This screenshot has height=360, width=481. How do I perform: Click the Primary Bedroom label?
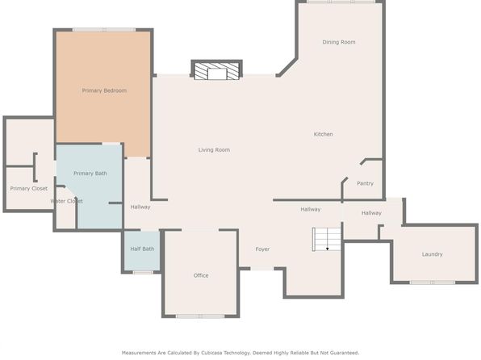click(x=104, y=90)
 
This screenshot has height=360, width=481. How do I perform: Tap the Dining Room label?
click(x=339, y=42)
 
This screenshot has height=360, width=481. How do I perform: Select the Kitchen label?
click(x=324, y=134)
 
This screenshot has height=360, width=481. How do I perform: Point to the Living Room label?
click(x=214, y=150)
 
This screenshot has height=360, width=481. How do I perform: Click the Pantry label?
click(x=366, y=183)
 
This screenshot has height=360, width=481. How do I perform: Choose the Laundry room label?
click(x=433, y=254)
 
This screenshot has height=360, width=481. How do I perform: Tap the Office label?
click(x=201, y=275)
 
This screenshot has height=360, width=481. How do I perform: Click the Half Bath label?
click(x=142, y=249)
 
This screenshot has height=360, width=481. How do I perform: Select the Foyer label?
click(x=262, y=249)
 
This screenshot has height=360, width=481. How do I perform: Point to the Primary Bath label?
click(x=90, y=174)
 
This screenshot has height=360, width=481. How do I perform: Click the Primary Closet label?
click(x=29, y=188)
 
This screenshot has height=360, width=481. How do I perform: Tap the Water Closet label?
click(x=66, y=201)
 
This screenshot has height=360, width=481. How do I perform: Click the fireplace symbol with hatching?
click(x=217, y=70)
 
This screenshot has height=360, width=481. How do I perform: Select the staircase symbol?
click(x=327, y=239)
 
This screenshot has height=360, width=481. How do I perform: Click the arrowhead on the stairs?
click(x=328, y=249)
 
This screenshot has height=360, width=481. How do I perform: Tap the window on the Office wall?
click(x=200, y=316)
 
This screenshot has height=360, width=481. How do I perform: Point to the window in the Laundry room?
click(x=433, y=283)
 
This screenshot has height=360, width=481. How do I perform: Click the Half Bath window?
click(x=143, y=272)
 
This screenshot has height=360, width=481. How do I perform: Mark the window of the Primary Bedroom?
click(x=104, y=30)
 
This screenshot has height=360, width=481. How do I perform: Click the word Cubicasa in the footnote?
click(x=213, y=353)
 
